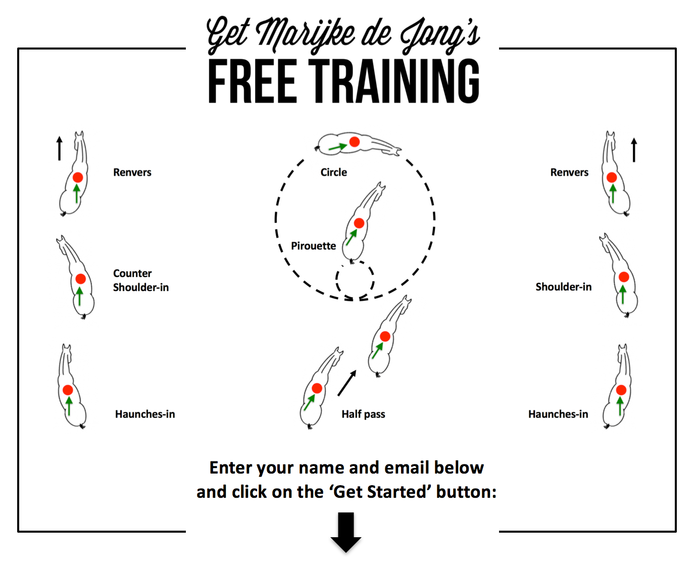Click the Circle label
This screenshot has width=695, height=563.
tap(333, 172)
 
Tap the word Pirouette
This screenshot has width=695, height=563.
tap(313, 246)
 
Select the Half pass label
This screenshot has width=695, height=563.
tap(363, 414)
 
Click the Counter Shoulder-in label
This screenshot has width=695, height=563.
tap(140, 280)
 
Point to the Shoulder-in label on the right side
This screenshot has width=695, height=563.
tap(563, 287)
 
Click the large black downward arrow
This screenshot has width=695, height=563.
tap(345, 532)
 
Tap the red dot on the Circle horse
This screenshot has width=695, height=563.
tap(355, 142)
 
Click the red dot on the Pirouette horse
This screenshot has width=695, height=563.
tap(359, 223)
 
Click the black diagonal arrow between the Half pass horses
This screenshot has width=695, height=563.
tap(347, 383)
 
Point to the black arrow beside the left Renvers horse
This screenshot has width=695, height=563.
tap(59, 149)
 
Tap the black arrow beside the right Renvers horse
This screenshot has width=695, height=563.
tap(634, 150)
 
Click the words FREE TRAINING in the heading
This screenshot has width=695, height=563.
tap(343, 81)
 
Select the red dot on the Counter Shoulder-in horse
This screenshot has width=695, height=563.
tap(81, 279)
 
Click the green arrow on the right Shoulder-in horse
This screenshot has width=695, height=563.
tap(623, 294)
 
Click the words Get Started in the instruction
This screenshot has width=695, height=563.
tap(380, 492)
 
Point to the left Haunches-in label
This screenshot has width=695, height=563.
tap(145, 414)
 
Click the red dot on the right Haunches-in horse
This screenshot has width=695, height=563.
tap(621, 390)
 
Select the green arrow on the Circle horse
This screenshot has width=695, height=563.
tap(338, 147)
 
